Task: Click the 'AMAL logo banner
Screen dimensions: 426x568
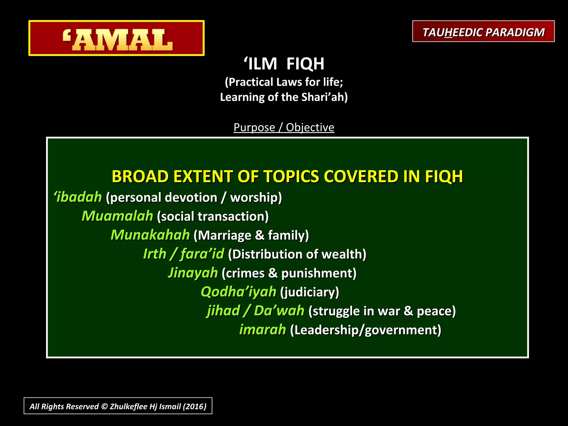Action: click(x=116, y=38)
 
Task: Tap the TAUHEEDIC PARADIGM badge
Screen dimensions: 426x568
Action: click(x=483, y=31)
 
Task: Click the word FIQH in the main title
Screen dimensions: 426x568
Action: click(x=305, y=64)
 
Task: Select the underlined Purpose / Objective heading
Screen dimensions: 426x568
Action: click(x=284, y=127)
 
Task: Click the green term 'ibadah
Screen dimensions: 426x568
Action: click(x=78, y=197)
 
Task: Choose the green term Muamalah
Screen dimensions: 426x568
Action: click(x=117, y=216)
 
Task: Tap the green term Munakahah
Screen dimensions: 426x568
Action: click(x=150, y=235)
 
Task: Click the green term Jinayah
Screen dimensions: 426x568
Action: click(x=193, y=273)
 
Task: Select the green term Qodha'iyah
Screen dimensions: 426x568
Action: click(x=239, y=292)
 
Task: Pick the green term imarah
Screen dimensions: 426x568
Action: click(x=262, y=330)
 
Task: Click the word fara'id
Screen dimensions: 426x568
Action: click(x=202, y=254)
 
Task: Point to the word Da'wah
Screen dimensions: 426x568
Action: click(x=279, y=311)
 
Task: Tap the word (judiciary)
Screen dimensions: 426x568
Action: click(x=310, y=292)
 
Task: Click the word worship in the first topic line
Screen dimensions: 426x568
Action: click(x=256, y=197)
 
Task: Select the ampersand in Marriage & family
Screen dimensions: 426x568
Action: click(x=260, y=235)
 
